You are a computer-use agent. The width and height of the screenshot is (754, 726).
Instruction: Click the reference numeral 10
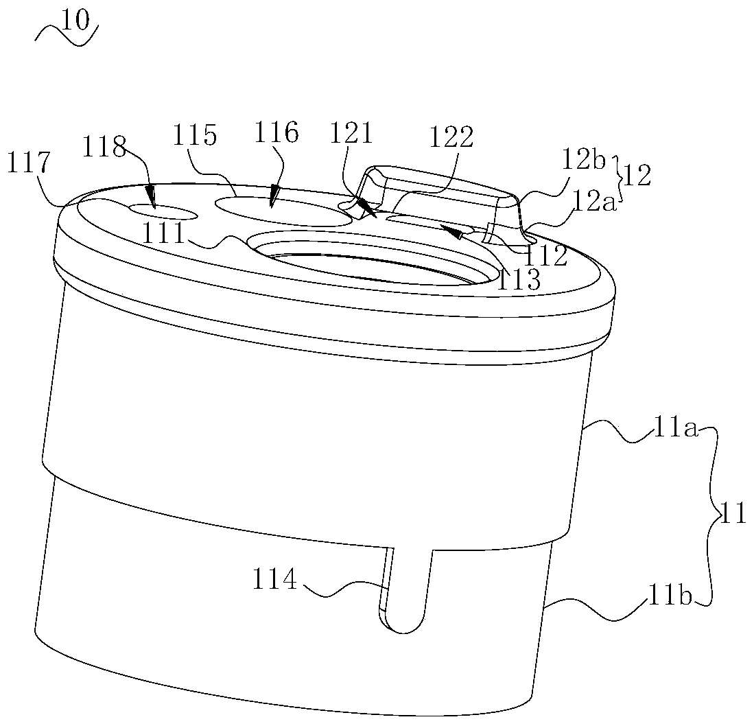point(75,21)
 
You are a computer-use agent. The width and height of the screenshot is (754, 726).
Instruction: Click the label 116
point(276,132)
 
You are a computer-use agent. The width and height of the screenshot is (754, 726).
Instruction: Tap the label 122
point(451,138)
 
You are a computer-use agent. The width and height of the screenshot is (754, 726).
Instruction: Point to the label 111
point(164,234)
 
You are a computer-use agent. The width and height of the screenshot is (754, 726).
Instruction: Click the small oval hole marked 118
point(164,212)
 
